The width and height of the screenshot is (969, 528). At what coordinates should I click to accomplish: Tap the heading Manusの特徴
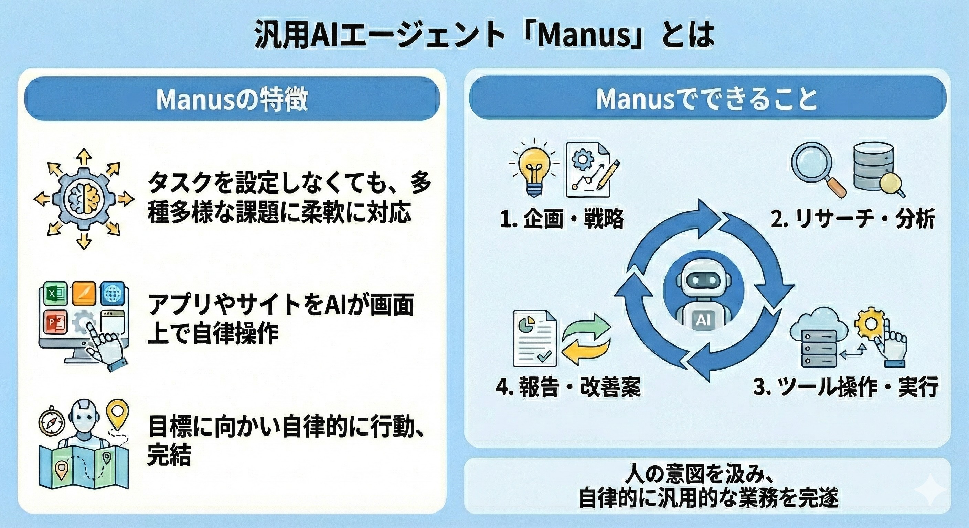[x=232, y=99]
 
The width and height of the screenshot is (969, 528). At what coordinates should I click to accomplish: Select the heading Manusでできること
[x=706, y=99]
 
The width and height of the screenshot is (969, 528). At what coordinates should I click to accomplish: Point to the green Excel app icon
[x=56, y=294]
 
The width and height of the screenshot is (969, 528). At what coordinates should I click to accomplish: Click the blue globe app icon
[x=112, y=293]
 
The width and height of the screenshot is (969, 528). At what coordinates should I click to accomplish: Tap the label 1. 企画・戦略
[x=562, y=219]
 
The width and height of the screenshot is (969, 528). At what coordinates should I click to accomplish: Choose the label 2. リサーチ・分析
[x=852, y=219]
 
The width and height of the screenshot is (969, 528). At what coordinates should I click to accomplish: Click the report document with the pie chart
[x=534, y=338]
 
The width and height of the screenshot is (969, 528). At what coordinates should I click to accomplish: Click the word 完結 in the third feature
[x=169, y=455]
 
